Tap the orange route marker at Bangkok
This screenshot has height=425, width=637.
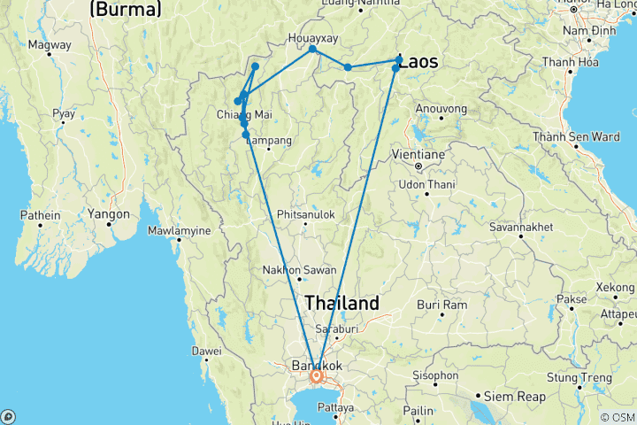[x=316, y=376]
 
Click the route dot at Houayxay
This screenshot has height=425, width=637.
[x=312, y=50]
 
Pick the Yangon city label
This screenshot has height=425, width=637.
[x=109, y=213]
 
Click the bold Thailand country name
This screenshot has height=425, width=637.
[x=342, y=303]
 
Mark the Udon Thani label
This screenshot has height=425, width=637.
[x=426, y=183]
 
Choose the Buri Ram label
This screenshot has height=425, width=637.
[x=441, y=305]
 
